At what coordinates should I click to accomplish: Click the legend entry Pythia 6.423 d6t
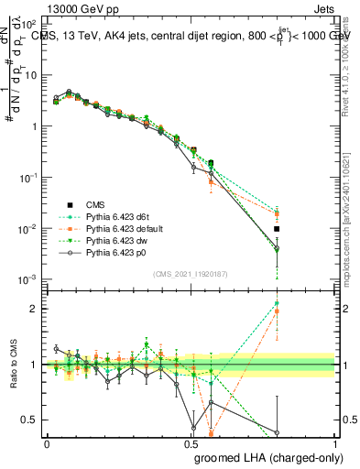point(118,216)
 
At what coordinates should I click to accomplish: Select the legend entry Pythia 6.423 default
point(124,228)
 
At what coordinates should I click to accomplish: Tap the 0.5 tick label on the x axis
point(191,443)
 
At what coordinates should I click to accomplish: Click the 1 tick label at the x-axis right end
point(334,443)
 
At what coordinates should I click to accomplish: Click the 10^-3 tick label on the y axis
point(27,278)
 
